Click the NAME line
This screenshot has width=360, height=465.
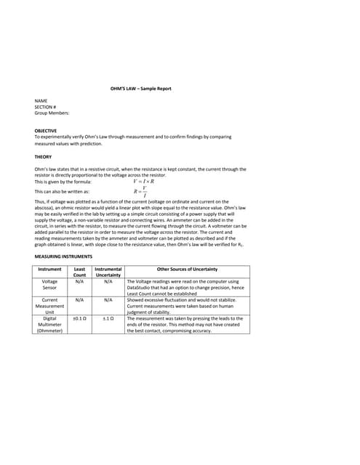click(41, 101)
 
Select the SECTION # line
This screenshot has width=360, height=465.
click(46, 108)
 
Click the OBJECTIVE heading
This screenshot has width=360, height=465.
click(46, 131)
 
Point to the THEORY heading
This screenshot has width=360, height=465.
click(43, 156)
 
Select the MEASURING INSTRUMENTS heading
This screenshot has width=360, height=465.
click(63, 256)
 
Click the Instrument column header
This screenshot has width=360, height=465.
click(50, 270)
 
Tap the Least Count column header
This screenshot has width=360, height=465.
click(80, 272)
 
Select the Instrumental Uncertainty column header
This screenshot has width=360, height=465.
click(108, 272)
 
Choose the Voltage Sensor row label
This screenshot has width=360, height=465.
click(50, 284)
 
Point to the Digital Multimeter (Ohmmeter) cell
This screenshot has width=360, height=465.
click(50, 324)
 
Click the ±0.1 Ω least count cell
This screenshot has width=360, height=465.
click(80, 318)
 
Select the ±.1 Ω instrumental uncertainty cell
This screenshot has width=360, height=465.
click(108, 318)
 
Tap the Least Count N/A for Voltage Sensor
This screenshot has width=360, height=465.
click(80, 281)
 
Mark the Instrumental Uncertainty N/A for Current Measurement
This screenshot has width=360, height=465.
click(108, 299)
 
